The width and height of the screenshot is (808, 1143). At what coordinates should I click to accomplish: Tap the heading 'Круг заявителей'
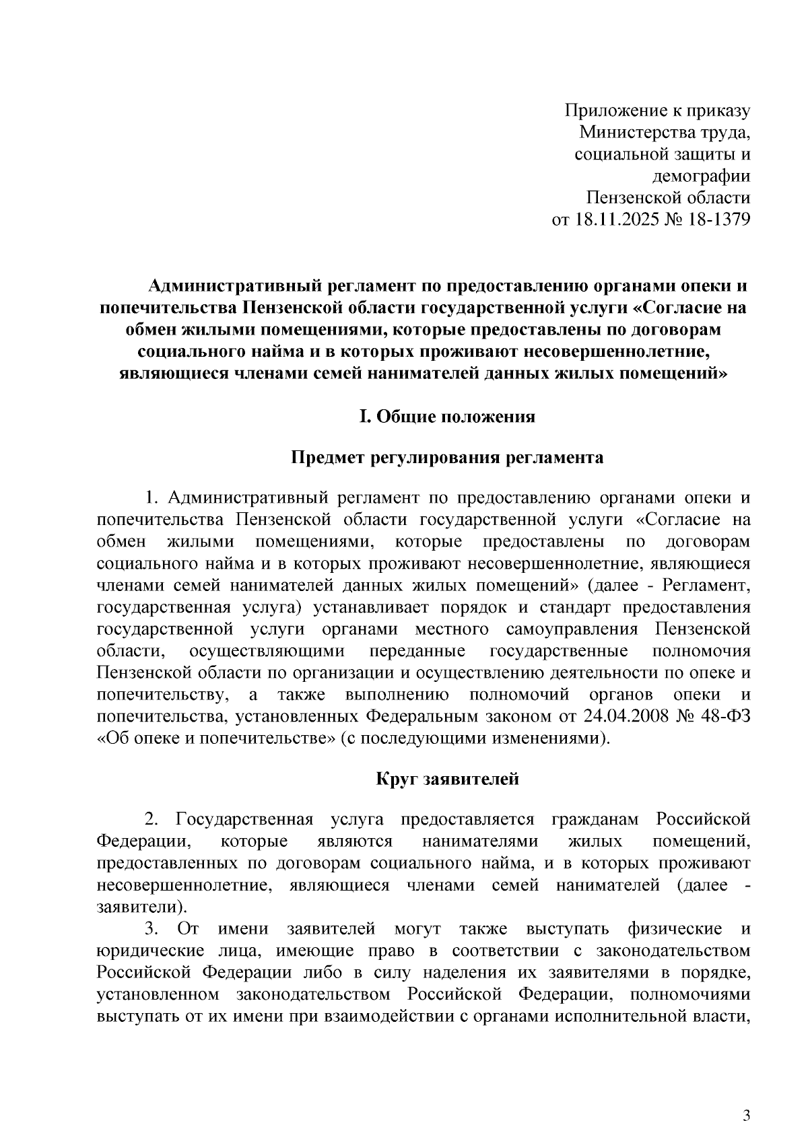tap(447, 780)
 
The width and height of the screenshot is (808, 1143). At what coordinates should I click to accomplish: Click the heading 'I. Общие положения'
tap(447, 417)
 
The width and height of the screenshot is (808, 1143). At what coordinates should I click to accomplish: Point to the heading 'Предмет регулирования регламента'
tap(447, 458)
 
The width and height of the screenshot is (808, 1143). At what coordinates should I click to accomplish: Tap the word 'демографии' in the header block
tap(701, 176)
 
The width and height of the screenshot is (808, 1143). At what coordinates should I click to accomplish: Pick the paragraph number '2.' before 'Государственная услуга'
tap(152, 820)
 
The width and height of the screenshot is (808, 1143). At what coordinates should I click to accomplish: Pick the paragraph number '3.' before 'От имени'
tap(152, 930)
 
